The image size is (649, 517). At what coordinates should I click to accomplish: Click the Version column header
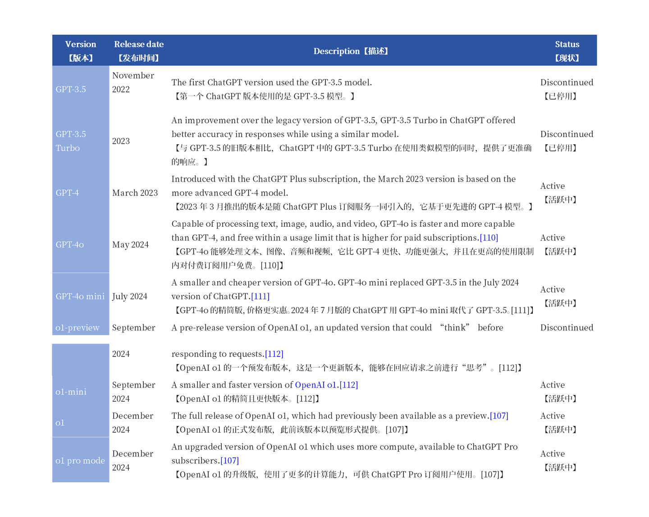coord(80,45)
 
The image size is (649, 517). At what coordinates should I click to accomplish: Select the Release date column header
coord(138,45)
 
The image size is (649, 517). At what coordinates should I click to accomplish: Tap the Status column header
coord(567,45)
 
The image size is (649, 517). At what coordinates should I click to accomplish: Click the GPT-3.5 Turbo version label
coord(70,141)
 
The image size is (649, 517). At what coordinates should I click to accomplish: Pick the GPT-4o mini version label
coord(80,297)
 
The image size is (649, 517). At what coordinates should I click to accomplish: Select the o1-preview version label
coord(77,328)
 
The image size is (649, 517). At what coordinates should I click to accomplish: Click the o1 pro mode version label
coord(80,461)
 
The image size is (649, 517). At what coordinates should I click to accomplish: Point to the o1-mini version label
coord(71,392)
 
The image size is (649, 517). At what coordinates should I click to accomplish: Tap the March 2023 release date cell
coord(135,193)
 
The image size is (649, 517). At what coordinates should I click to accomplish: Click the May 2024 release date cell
coord(130,245)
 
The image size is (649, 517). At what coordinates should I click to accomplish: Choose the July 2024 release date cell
coord(129,297)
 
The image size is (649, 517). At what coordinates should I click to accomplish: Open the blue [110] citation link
coord(489,238)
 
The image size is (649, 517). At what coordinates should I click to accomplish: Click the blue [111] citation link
coord(260,297)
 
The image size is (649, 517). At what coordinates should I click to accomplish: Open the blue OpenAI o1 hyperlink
coord(315,385)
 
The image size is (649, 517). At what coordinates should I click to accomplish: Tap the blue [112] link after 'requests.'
coord(274,354)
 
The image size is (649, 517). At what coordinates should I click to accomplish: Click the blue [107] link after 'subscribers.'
coord(229,461)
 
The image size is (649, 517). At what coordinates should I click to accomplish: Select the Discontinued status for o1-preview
coord(567,328)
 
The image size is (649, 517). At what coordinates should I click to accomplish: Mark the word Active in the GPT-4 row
coord(552,186)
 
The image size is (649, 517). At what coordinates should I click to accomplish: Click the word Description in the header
coord(336,51)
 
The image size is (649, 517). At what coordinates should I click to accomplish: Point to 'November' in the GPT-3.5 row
coord(133,76)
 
